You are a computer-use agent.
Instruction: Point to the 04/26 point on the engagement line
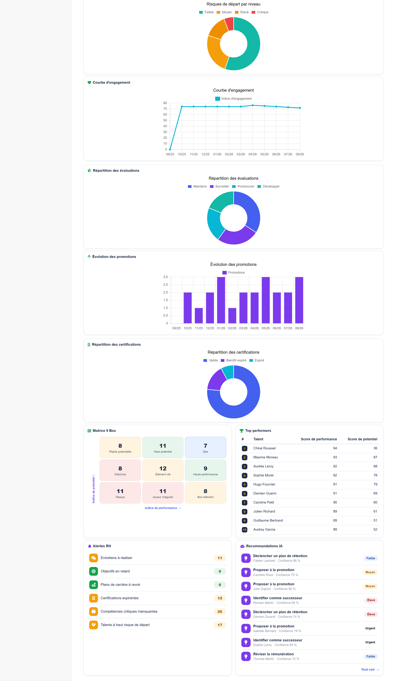pos(253,105)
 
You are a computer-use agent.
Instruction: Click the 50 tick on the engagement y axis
pos(165,120)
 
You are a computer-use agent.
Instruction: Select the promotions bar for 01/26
pos(221,300)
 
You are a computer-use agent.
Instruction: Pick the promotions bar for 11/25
pos(199,316)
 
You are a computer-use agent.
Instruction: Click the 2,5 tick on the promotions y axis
pos(166,285)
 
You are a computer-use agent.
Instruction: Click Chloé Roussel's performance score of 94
pos(335,448)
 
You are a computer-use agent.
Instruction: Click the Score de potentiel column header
pos(362,439)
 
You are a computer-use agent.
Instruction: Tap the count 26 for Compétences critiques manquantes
pos(220,612)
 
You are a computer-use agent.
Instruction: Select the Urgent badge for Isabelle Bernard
pos(370,628)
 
